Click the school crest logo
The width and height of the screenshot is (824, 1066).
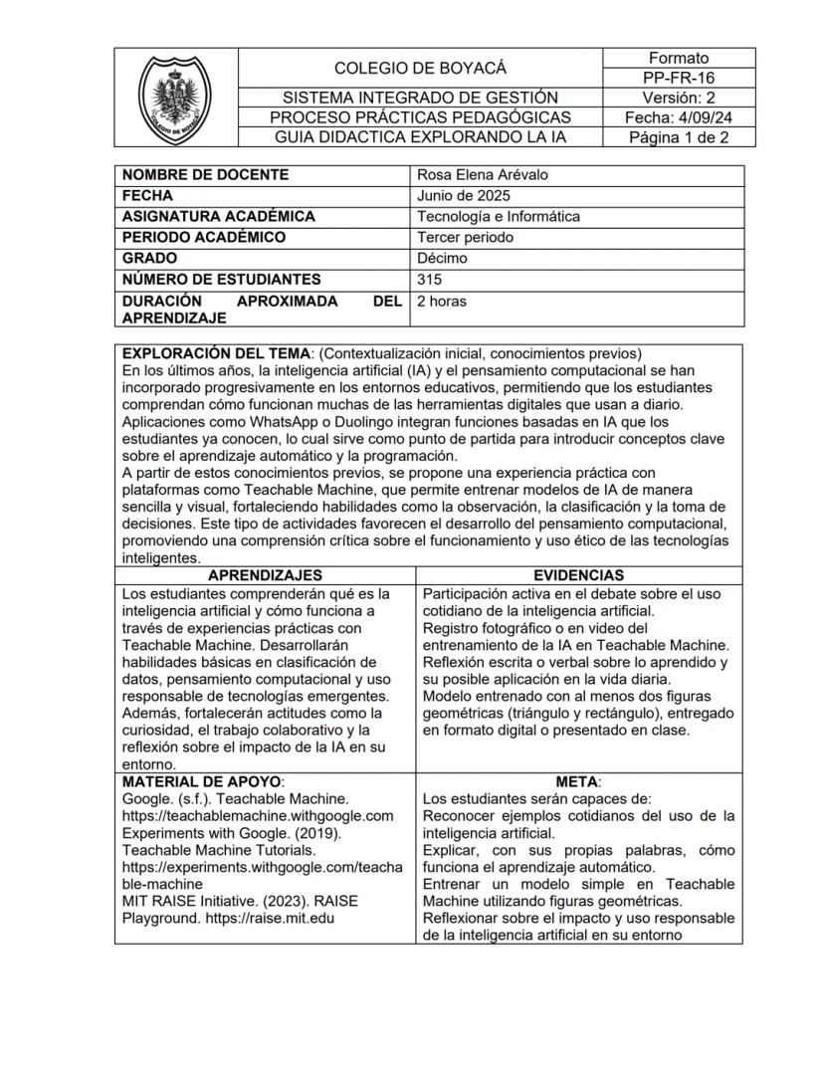pyautogui.click(x=174, y=98)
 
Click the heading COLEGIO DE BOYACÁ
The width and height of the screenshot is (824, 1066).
pyautogui.click(x=420, y=68)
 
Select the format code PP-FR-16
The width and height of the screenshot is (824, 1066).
pyautogui.click(x=679, y=78)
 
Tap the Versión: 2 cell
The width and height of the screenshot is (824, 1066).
pyautogui.click(x=679, y=98)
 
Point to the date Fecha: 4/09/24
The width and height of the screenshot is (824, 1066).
pyautogui.click(x=679, y=117)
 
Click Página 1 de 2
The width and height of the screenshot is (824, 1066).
pyautogui.click(x=679, y=137)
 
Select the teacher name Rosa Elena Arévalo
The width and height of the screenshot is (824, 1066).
pyautogui.click(x=483, y=175)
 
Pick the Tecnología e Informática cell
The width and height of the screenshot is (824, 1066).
pyautogui.click(x=499, y=217)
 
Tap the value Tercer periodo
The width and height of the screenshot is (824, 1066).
pyautogui.click(x=464, y=238)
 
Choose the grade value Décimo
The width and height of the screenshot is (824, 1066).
pyautogui.click(x=442, y=259)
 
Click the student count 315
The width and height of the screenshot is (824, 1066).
pyautogui.click(x=430, y=280)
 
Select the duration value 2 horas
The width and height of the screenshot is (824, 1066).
pyautogui.click(x=441, y=302)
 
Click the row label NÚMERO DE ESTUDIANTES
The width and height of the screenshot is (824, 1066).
pyautogui.click(x=221, y=280)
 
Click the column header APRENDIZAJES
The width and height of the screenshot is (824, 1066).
pyautogui.click(x=265, y=575)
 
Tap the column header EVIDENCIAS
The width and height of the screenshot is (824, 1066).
pyautogui.click(x=578, y=575)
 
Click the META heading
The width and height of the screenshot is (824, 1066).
pyautogui.click(x=578, y=781)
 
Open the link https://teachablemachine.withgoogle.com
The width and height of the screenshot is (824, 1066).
pyautogui.click(x=258, y=815)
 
